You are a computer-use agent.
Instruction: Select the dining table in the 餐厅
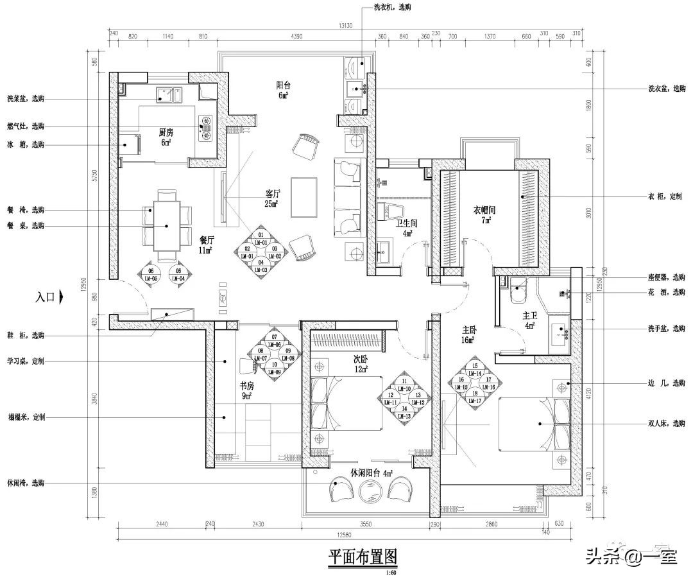167,225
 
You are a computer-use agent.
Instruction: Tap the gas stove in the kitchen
207,125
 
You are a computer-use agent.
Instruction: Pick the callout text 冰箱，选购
26,144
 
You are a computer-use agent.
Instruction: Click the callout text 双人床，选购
667,423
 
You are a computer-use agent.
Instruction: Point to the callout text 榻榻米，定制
26,417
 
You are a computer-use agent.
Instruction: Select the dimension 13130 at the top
347,26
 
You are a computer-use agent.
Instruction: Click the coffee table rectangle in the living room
304,197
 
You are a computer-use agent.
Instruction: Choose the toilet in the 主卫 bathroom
517,292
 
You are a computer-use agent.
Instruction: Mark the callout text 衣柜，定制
667,197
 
